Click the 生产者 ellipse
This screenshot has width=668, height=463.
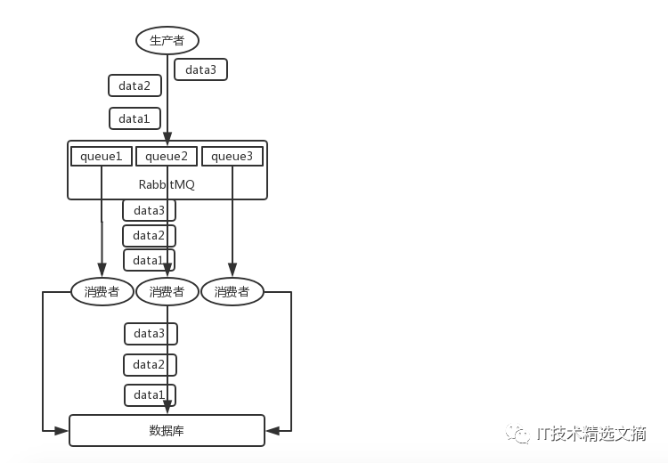point(167,40)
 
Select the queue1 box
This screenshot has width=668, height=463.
point(102,157)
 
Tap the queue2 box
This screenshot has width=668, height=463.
point(167,157)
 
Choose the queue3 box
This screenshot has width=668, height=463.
point(232,157)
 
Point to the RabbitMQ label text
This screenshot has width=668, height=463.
point(167,184)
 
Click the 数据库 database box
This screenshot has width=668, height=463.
point(167,431)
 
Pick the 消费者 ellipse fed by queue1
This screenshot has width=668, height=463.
point(102,292)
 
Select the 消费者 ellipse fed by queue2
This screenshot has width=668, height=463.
point(167,292)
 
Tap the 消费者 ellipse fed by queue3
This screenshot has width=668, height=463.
point(232,292)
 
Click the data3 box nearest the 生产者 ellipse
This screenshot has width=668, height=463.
point(200,69)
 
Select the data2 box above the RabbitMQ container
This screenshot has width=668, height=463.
point(134,85)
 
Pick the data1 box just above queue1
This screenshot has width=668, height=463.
point(134,118)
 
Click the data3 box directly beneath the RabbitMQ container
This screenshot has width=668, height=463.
point(149,210)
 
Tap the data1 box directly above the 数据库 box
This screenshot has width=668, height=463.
point(150,395)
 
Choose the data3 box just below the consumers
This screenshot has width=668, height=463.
point(151,334)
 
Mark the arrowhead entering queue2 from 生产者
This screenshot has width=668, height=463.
point(167,138)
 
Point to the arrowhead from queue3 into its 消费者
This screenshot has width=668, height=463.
point(232,269)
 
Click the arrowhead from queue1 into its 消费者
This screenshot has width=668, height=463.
point(102,269)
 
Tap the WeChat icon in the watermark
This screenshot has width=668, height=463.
point(517,434)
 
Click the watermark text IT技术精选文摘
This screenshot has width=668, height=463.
point(591,434)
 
